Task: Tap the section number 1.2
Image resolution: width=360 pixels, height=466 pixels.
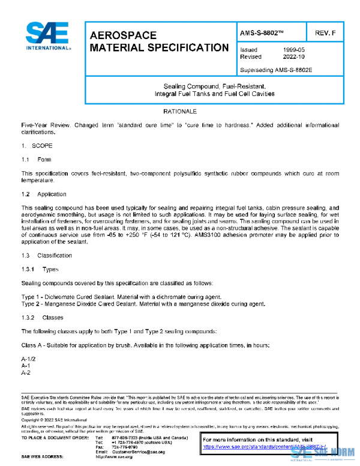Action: pos(26,195)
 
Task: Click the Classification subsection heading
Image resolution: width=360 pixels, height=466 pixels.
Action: pos(55,256)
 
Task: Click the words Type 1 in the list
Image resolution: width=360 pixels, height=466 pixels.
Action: pos(30,297)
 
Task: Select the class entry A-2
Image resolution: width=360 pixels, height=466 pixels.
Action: pos(26,372)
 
